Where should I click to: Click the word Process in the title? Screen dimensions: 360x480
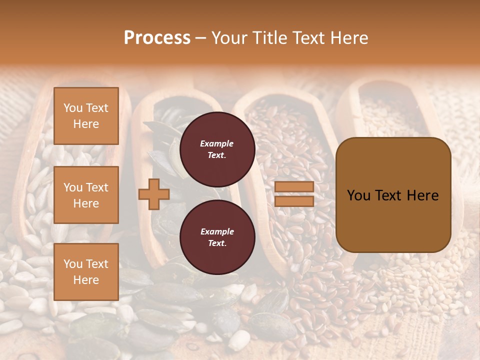(157, 38)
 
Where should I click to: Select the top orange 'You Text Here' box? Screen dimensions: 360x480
(86, 116)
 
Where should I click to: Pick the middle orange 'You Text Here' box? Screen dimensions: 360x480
(86, 195)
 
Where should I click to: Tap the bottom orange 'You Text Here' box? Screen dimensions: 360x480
(86, 271)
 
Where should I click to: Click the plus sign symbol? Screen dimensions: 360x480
(154, 194)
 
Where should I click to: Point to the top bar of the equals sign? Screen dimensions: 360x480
(294, 187)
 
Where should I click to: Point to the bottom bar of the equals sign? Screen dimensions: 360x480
(294, 201)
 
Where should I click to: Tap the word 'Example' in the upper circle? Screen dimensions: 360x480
(217, 143)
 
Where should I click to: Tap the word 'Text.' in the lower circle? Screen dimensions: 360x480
(217, 243)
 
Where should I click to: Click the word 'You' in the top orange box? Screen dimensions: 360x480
(73, 108)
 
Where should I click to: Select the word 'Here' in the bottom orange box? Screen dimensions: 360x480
(86, 280)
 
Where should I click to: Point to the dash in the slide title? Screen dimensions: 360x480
(200, 38)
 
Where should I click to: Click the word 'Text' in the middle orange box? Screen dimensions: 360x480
(97, 187)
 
